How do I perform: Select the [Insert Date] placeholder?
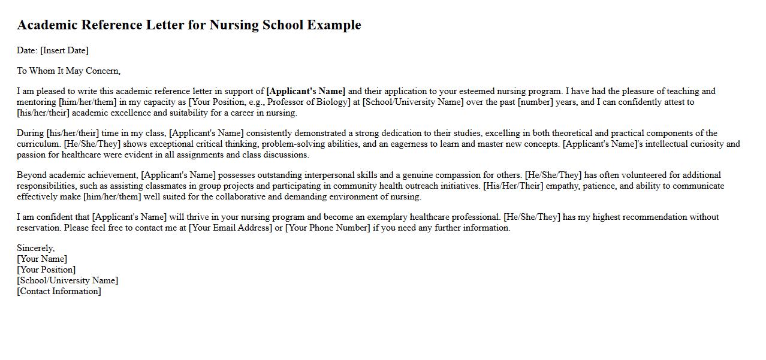click(64, 50)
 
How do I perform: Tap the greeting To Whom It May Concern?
click(68, 71)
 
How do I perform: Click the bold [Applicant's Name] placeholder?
click(306, 91)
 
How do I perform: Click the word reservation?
click(38, 228)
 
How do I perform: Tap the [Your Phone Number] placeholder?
click(327, 228)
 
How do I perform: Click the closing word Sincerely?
click(35, 248)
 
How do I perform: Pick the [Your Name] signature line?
click(42, 259)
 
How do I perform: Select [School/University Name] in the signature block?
click(67, 280)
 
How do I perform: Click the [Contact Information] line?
click(59, 291)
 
